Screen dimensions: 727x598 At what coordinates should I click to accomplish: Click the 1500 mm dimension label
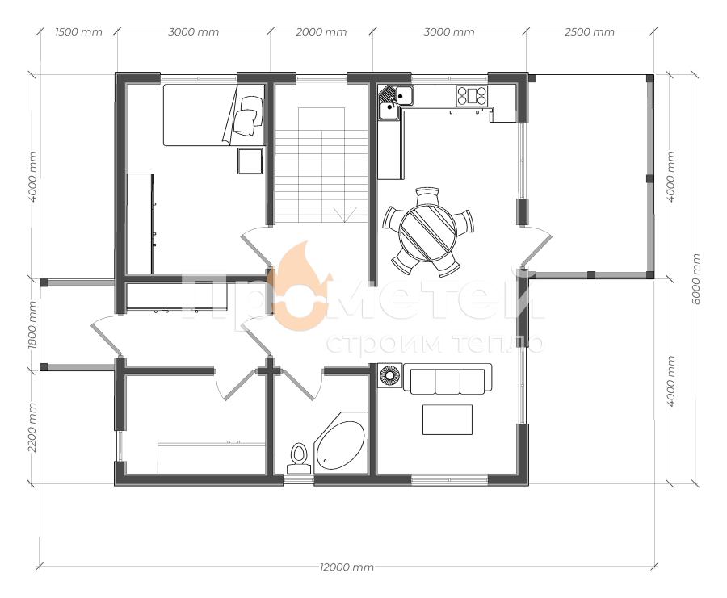(78, 32)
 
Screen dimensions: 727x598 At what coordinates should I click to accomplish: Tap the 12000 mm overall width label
(347, 567)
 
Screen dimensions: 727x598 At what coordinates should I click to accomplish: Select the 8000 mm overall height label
(695, 279)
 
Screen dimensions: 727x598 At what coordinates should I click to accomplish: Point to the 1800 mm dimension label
(32, 324)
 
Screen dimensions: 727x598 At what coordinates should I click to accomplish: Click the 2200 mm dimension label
(32, 427)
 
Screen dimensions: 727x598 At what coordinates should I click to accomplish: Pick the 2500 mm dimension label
(590, 32)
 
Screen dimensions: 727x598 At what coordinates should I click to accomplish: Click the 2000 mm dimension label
(321, 32)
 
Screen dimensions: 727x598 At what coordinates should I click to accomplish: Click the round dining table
(428, 232)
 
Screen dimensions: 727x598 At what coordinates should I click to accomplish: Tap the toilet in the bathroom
(299, 458)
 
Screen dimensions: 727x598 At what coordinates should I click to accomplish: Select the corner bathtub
(341, 442)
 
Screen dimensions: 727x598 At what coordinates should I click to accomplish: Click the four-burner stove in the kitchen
(472, 96)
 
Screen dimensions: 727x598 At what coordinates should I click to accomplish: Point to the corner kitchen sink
(395, 102)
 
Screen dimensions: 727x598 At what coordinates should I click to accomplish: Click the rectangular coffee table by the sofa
(448, 420)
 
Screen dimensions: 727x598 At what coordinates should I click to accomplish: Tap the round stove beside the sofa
(390, 374)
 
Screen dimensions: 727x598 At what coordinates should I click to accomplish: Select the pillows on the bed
(248, 115)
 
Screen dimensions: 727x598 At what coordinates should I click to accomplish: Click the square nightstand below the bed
(250, 161)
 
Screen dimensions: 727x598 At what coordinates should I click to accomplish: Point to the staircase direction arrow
(345, 215)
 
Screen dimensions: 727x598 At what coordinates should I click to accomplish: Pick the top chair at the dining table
(427, 195)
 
